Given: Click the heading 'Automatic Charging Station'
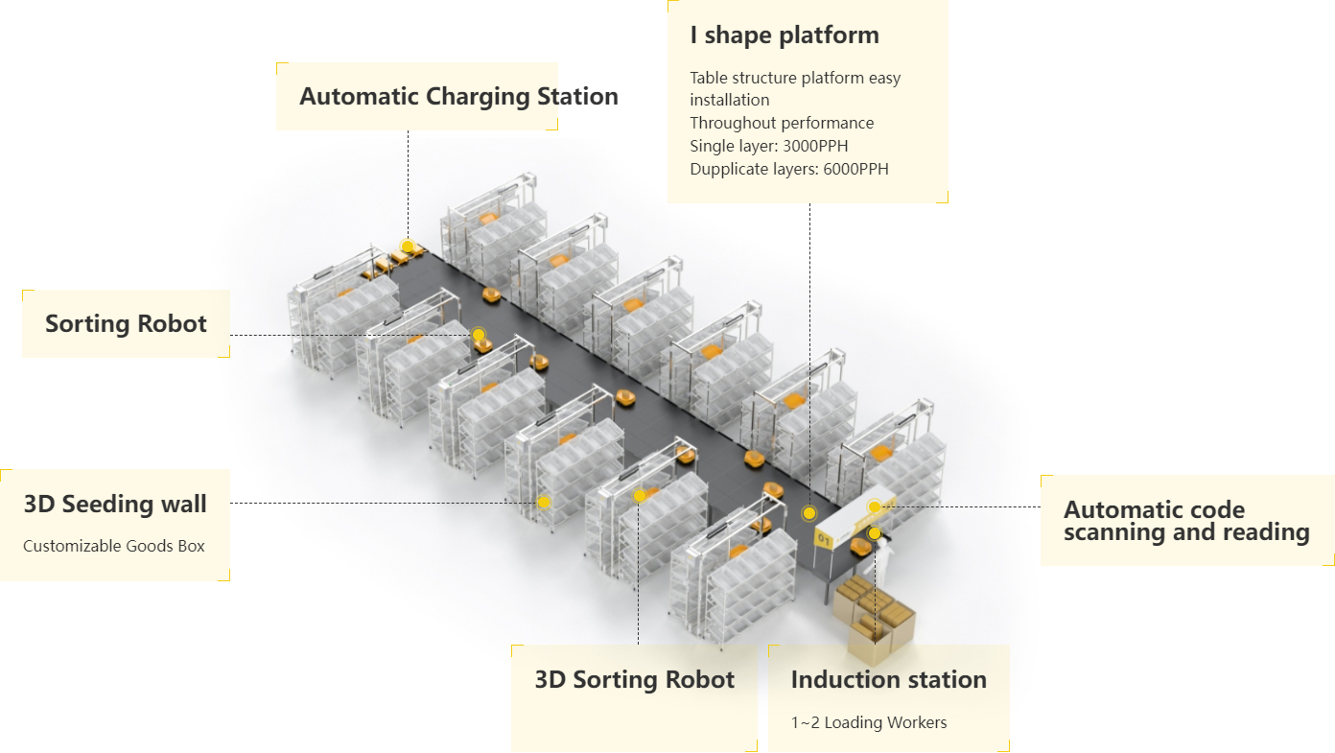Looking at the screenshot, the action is (458, 97).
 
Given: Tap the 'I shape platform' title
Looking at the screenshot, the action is (785, 35).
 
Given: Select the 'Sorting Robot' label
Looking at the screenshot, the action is (126, 323).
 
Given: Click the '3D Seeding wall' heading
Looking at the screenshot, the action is (115, 505).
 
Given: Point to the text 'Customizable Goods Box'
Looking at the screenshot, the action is (114, 546).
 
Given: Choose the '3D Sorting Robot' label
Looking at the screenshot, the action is (634, 680).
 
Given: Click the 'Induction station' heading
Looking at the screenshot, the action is (889, 680).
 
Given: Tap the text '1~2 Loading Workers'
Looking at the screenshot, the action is (868, 722).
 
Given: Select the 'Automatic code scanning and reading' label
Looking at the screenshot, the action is (1186, 521).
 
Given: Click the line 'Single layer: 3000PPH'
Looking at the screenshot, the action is (769, 146).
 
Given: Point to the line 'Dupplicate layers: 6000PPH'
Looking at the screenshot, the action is (789, 170).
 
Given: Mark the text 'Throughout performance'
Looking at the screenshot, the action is (782, 123).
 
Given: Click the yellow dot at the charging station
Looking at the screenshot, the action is (408, 247).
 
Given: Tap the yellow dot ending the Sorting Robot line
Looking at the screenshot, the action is (479, 335).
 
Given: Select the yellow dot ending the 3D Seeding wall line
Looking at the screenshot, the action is (544, 503).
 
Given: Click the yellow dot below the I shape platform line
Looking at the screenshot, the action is (808, 513).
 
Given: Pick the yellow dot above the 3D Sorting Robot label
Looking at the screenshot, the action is (639, 496).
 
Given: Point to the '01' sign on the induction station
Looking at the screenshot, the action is (824, 540).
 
